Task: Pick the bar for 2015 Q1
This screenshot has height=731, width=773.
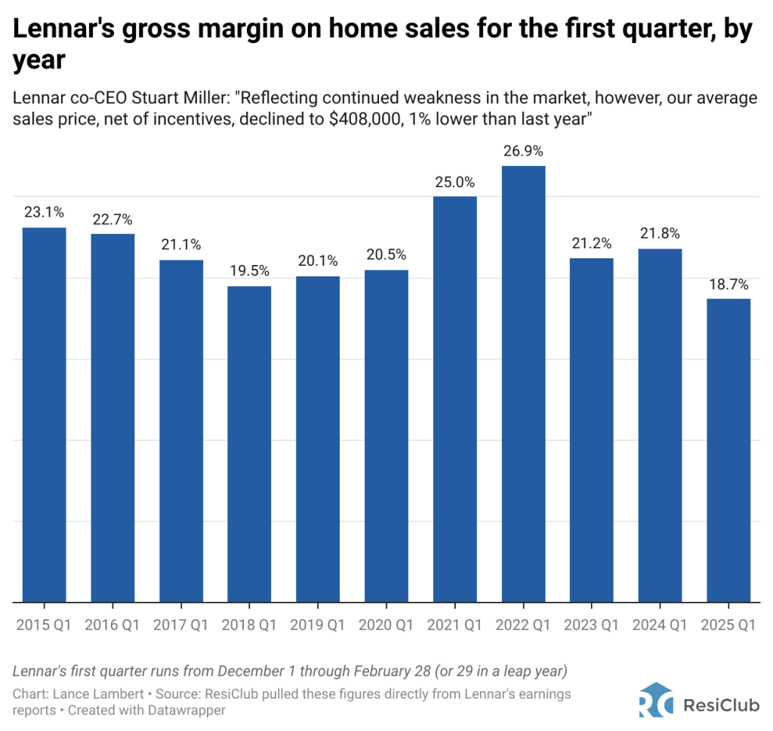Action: (44, 415)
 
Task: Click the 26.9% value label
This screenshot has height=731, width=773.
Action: (523, 152)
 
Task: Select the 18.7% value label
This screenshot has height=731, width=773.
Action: (728, 285)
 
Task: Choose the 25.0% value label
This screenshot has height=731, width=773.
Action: (454, 182)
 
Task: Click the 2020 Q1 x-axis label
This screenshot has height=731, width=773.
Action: (386, 625)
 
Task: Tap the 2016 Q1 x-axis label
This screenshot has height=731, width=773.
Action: (112, 625)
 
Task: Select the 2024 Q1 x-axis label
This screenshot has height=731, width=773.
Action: (660, 625)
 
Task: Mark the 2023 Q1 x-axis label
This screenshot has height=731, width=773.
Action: (591, 625)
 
